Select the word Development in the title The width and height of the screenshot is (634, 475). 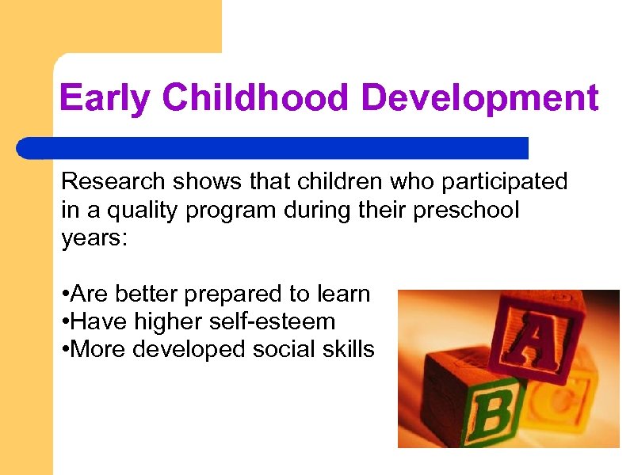coord(480,99)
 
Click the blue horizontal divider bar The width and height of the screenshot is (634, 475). coord(273,148)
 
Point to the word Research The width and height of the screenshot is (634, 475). coord(111,182)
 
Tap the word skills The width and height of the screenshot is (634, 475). coord(349,349)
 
